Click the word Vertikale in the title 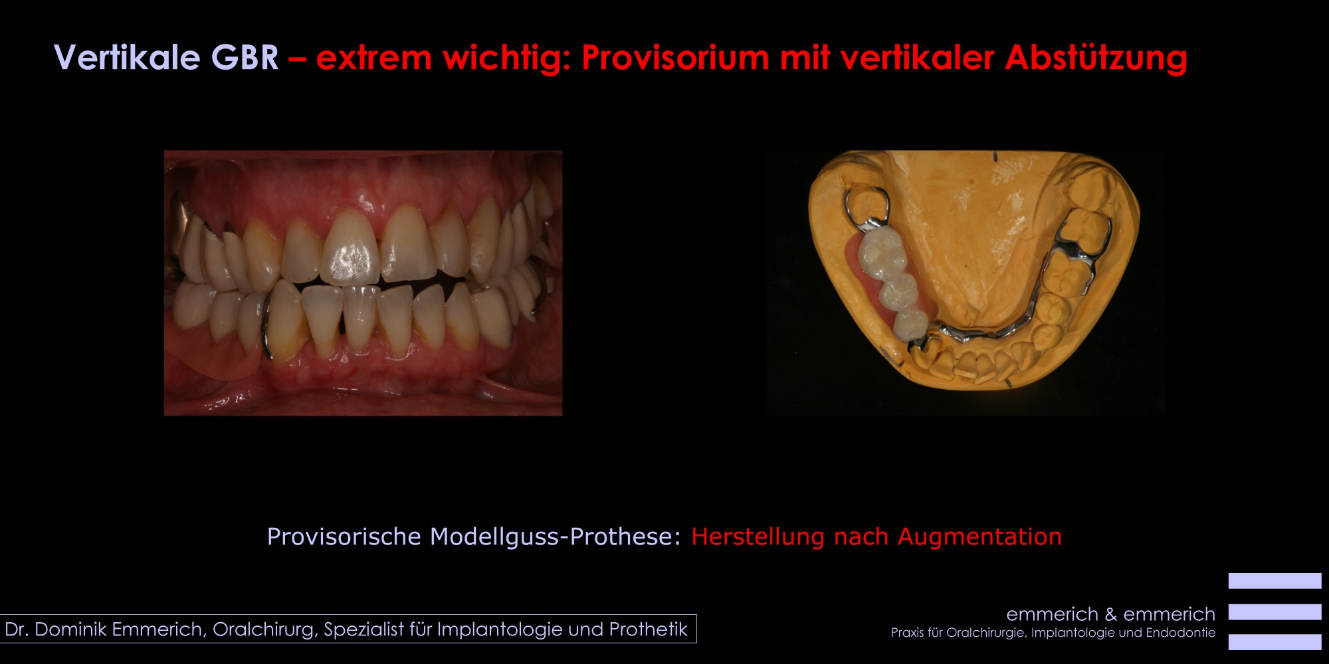point(127,57)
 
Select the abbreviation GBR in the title point(245,57)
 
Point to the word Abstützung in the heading point(1096,58)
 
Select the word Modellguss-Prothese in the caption point(556,537)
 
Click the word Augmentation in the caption point(979,537)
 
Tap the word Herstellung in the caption point(758,537)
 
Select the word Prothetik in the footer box point(648,629)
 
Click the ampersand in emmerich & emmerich point(1110,614)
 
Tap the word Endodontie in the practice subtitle point(1180,633)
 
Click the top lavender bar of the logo point(1275,581)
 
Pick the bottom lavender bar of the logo point(1275,642)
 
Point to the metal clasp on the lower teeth point(266,325)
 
